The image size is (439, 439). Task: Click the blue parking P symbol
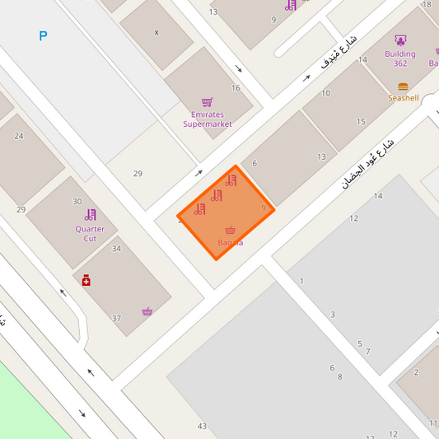[x=43, y=35]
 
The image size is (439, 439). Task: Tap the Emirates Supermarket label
[x=207, y=119]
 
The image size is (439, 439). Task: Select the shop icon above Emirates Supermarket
[x=207, y=102]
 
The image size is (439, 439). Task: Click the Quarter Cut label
[x=90, y=233]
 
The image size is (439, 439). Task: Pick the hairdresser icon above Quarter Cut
[x=90, y=215]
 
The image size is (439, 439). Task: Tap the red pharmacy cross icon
[x=86, y=281]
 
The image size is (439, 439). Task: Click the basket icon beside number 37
[x=147, y=311]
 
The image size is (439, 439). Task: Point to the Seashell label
[x=404, y=98]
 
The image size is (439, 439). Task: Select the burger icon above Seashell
[x=403, y=86]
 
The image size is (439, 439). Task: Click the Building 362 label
[x=400, y=58]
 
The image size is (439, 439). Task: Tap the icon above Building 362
[x=400, y=40]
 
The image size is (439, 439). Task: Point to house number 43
[x=202, y=426]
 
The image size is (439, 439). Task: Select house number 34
[x=116, y=249]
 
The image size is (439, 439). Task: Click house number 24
[x=19, y=136]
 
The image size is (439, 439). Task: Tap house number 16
[x=236, y=88]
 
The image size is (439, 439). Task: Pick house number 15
[x=361, y=122]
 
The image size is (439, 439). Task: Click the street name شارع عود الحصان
[x=368, y=163]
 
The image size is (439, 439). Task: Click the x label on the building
[x=156, y=33]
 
